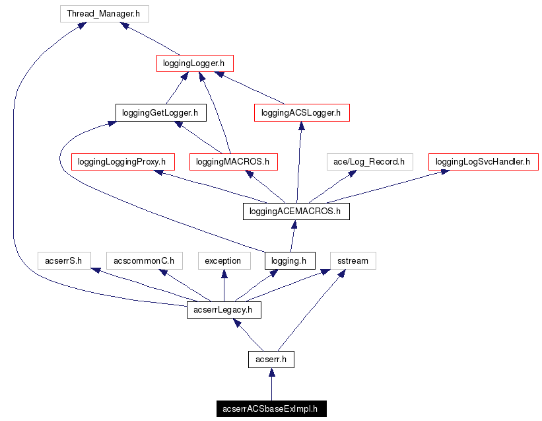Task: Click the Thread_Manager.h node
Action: tap(104, 13)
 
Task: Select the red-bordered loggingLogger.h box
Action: tap(195, 63)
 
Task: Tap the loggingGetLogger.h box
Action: tap(160, 112)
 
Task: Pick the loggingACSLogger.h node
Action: tap(301, 112)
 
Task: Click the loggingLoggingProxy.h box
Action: tap(121, 161)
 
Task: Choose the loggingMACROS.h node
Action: tap(233, 161)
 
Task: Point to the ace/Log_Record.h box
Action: tap(369, 161)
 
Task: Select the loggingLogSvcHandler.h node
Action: tap(483, 161)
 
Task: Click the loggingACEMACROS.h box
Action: tap(296, 211)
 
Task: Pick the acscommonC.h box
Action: tap(144, 260)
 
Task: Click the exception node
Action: tap(223, 260)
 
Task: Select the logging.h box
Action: tap(290, 260)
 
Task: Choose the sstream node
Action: tap(353, 260)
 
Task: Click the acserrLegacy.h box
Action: tap(224, 310)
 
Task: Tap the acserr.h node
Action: tap(271, 360)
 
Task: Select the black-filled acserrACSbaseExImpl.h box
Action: tap(271, 408)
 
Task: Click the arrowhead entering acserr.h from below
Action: tap(271, 373)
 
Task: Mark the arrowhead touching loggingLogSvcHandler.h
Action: tap(446, 172)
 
